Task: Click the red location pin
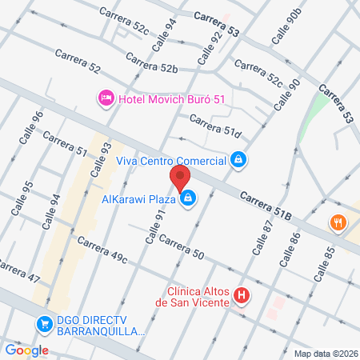180,178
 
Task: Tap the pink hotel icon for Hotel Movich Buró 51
105,98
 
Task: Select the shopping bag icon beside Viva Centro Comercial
238,160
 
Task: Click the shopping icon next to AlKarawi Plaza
187,197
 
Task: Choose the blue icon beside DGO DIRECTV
43,324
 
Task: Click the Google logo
26,350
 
